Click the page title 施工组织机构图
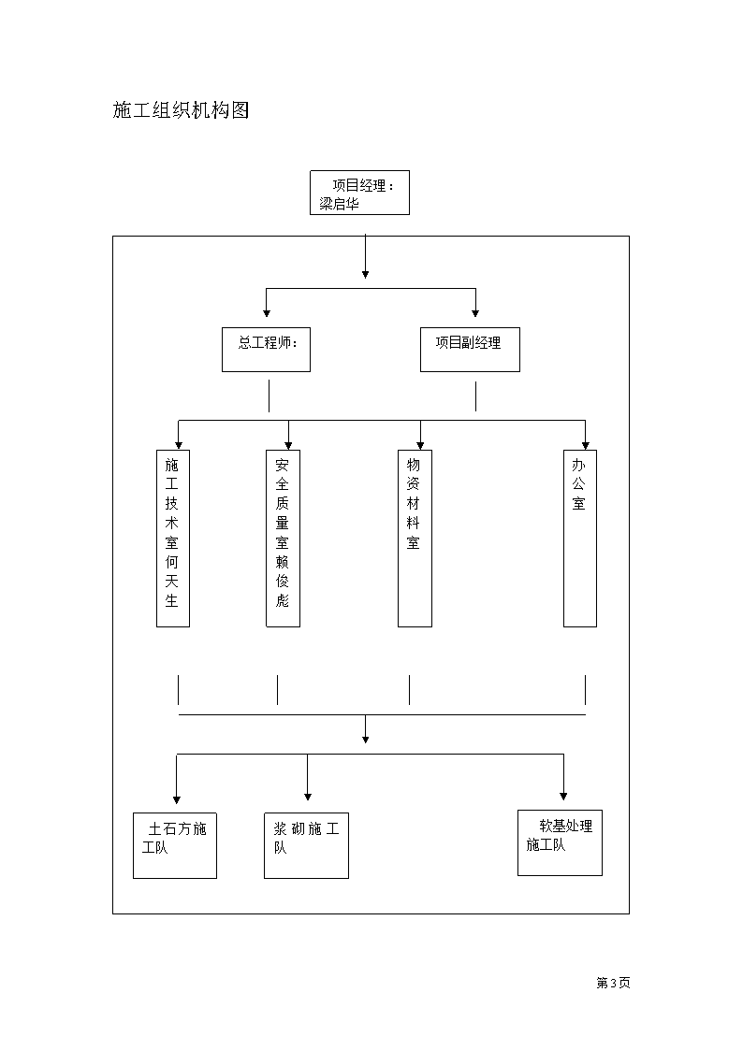coord(181,109)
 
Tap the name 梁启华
coord(339,204)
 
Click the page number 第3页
coord(613,983)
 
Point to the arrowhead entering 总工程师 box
coord(267,312)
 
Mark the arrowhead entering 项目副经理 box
coord(475,312)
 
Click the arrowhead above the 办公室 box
coord(586,446)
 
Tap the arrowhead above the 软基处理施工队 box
coord(563,797)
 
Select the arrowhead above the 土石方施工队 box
coord(177,799)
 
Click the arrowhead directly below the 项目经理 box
coord(365,274)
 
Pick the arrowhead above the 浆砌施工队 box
coord(308,797)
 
